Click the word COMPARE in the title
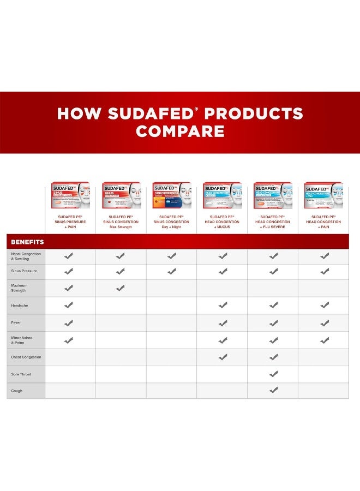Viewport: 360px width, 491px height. [x=180, y=131]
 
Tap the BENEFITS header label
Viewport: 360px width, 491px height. [x=27, y=242]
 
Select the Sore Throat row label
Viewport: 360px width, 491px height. [x=20, y=374]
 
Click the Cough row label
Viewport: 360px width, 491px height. [x=17, y=391]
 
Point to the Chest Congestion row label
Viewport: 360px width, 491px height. [x=26, y=357]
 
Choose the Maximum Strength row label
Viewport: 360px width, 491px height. [x=20, y=288]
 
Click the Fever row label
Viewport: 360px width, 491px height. [x=16, y=322]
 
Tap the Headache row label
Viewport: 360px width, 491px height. [x=20, y=306]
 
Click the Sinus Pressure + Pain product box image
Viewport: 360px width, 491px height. [x=70, y=195]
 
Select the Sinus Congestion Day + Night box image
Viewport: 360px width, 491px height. [x=171, y=195]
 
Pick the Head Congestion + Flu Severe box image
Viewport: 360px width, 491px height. [x=273, y=195]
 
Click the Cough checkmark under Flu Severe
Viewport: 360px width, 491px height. [x=273, y=390]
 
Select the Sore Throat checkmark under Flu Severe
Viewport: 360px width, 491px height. [x=273, y=374]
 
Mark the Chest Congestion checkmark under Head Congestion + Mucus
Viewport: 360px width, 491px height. [x=223, y=357]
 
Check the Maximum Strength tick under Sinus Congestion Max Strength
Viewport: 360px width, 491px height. [x=121, y=288]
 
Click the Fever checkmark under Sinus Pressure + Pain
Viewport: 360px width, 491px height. [x=69, y=323]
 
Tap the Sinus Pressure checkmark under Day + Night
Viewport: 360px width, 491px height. [x=171, y=271]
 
